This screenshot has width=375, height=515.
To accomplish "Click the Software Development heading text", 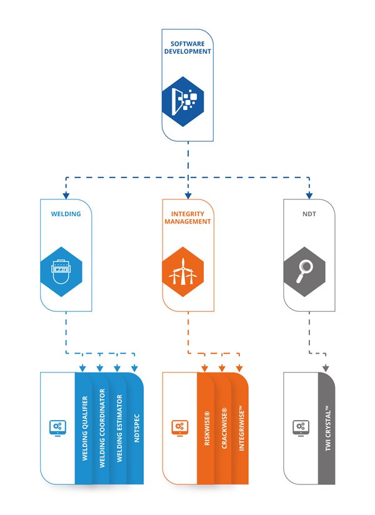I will [x=187, y=47].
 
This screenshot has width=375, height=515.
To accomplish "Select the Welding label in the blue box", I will [x=66, y=214].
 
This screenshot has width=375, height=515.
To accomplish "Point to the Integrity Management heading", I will [x=187, y=217].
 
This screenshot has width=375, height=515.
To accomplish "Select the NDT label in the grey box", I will [x=309, y=214].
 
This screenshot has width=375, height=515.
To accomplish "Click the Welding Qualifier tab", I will [x=84, y=428].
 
